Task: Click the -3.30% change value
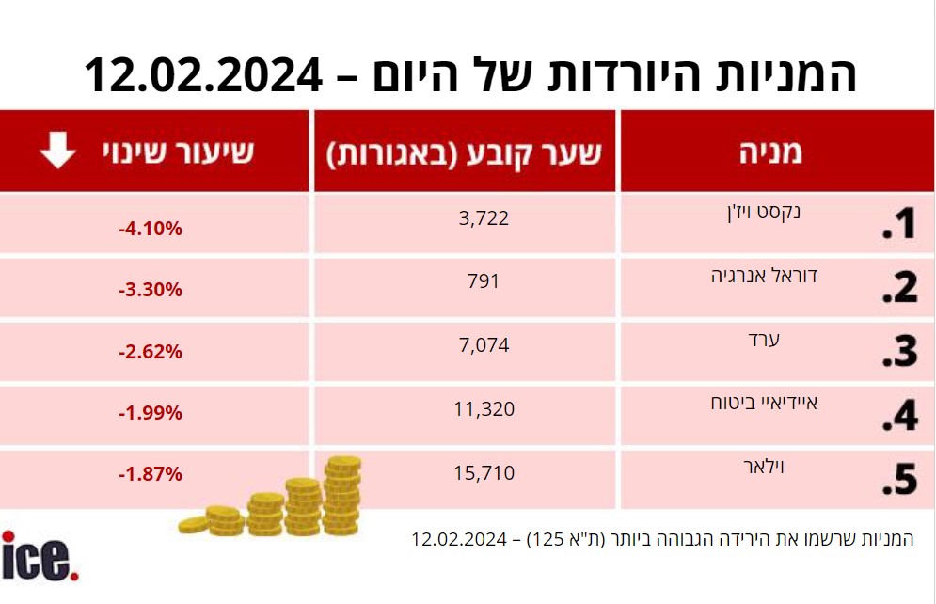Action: [150, 290]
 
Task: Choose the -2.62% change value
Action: [150, 353]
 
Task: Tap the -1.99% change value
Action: [150, 413]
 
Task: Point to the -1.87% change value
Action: [150, 474]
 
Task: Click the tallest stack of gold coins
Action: [342, 495]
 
